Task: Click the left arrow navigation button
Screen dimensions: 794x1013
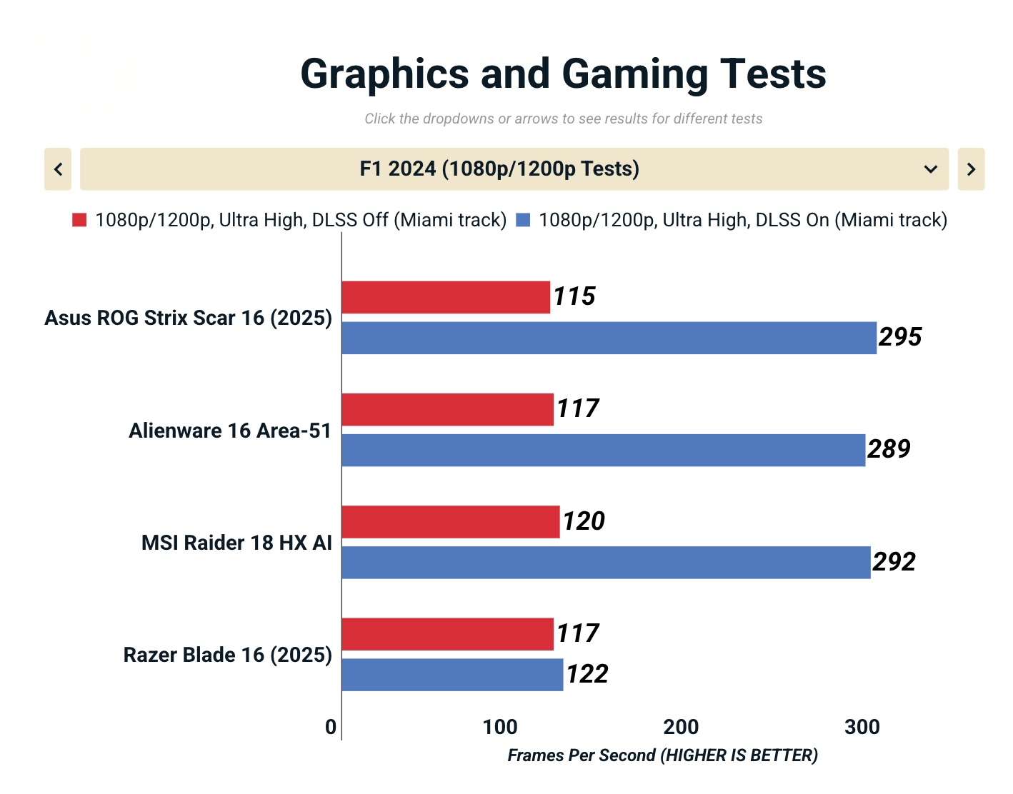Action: pos(58,169)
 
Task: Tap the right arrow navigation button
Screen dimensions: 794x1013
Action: pos(971,169)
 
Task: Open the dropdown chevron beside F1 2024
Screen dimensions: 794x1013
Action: pos(930,169)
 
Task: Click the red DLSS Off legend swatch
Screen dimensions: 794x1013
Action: pos(79,220)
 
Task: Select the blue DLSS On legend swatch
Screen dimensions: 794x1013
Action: pos(523,220)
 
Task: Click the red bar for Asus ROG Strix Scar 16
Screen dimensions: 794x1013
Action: pos(446,297)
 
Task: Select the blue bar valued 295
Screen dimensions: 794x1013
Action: pos(609,338)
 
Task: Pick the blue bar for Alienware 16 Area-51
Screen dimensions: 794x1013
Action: pos(603,451)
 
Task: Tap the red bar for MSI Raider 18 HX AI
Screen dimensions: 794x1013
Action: pos(450,522)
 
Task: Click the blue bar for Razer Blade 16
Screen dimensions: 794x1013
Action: pos(452,675)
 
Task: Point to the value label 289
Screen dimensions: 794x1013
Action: pos(889,449)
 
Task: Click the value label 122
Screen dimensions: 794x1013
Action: pos(587,674)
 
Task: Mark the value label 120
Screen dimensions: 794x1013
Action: pos(584,521)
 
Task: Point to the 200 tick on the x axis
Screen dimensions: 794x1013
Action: pos(681,727)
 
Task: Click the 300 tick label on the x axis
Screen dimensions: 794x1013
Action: pos(862,727)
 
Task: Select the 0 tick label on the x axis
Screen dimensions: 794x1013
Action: pos(331,727)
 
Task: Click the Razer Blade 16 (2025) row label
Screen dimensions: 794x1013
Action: pos(227,655)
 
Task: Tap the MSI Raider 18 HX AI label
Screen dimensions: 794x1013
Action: pos(236,543)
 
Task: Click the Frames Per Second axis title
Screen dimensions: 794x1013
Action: pos(662,755)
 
